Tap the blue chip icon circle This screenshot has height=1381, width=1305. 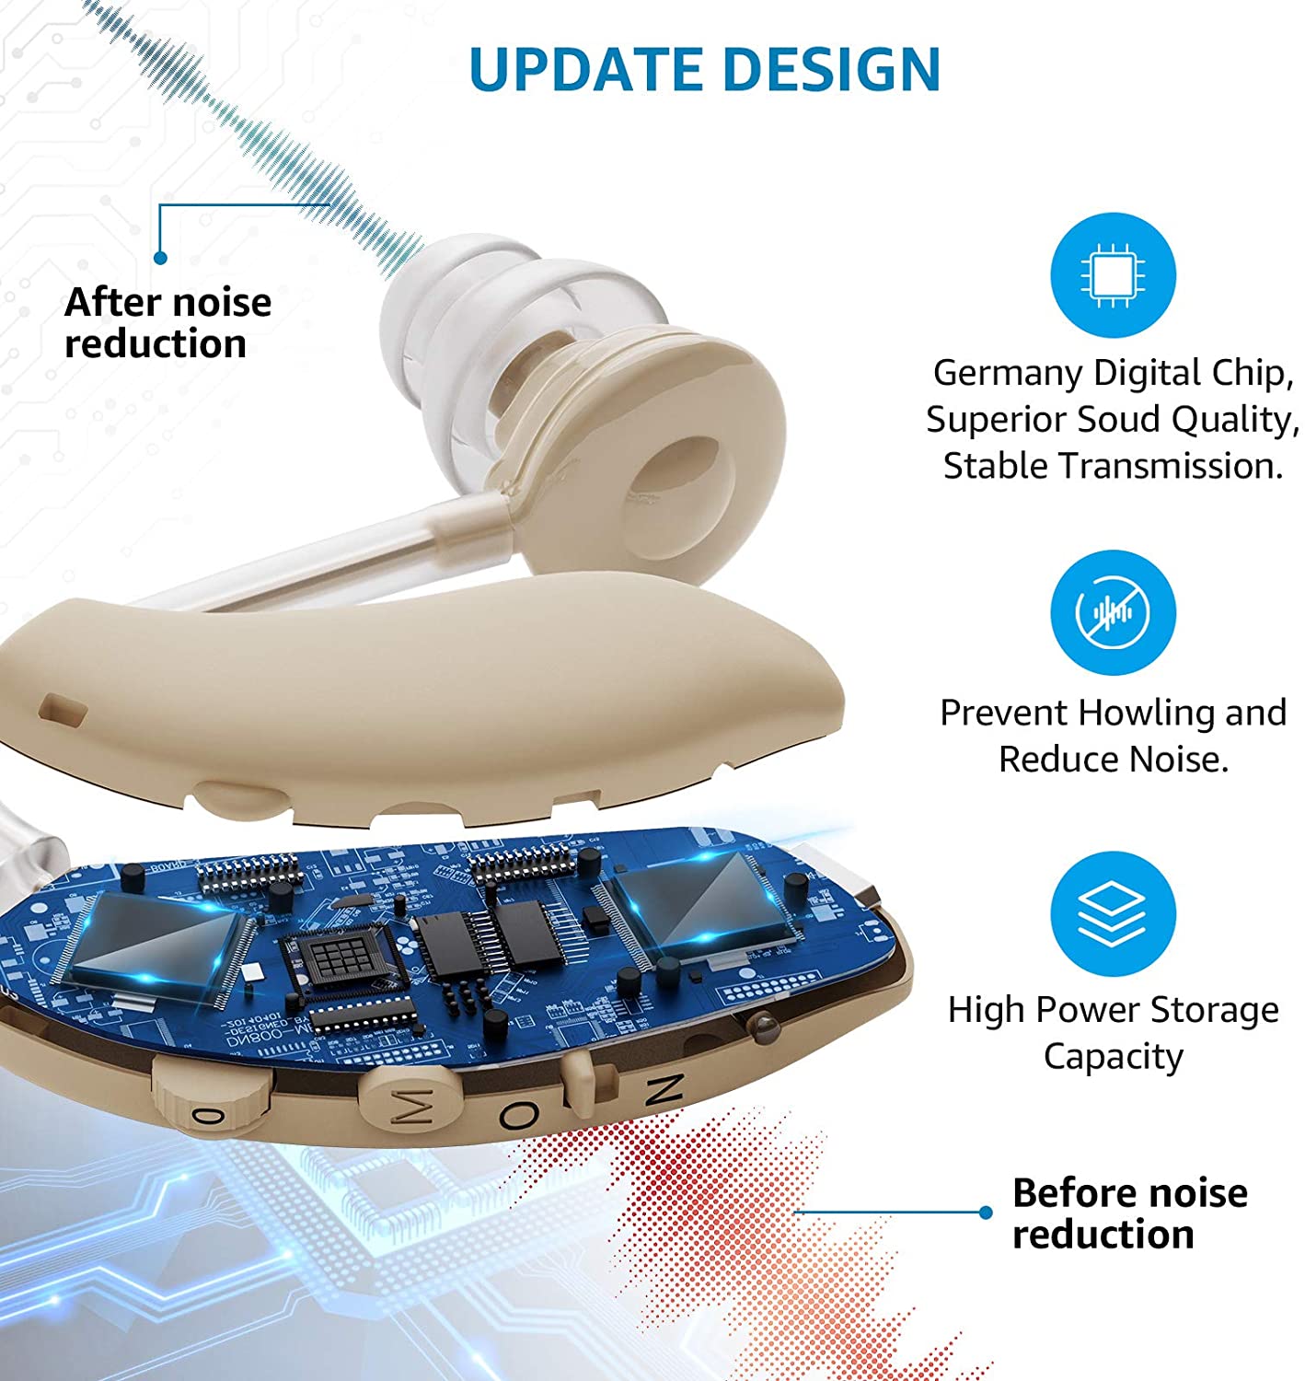(x=1113, y=275)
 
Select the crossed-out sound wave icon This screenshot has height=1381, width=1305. (x=1113, y=612)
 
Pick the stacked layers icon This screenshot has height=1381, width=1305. (x=1113, y=913)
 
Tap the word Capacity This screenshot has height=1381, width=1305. (x=1113, y=1056)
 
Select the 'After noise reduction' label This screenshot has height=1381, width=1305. (x=167, y=323)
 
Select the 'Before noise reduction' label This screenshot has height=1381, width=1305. (x=1129, y=1213)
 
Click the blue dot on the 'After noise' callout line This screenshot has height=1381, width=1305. (x=160, y=259)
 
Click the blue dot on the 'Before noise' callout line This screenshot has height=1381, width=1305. (x=986, y=1213)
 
